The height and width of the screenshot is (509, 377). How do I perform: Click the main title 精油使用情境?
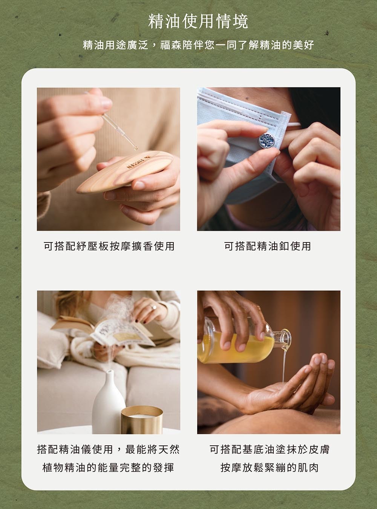(x=198, y=22)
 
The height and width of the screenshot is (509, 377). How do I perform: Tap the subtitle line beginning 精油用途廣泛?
(x=198, y=45)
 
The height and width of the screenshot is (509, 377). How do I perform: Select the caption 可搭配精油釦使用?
(x=268, y=246)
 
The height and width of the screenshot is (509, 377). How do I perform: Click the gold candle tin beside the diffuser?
(x=142, y=420)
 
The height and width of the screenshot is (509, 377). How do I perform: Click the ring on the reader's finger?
(x=153, y=307)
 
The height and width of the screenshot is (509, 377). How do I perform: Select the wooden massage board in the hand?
(x=125, y=172)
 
